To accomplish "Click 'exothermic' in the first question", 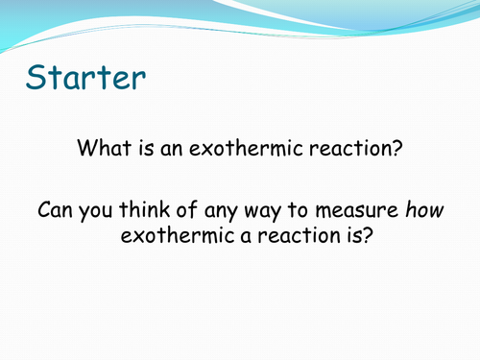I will point(243,150).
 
